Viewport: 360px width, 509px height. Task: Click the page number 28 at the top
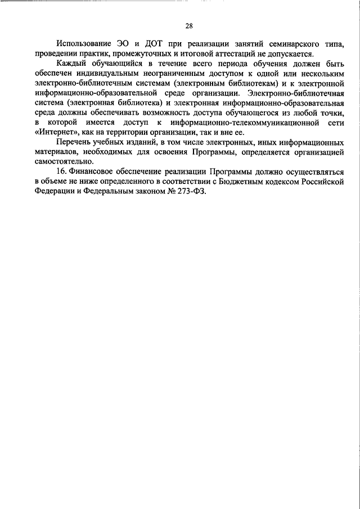188,25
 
